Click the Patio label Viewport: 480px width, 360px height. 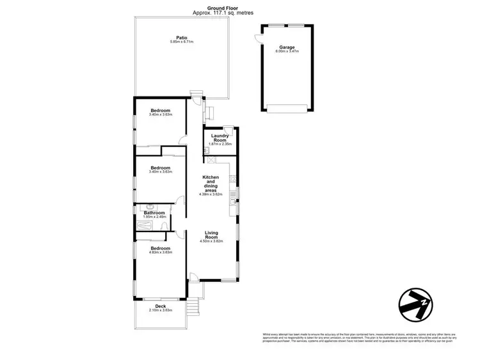tap(181, 37)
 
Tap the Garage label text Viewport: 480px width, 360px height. tap(286, 47)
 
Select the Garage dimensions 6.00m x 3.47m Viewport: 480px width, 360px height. tap(286, 52)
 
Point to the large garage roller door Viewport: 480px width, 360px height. tap(286, 106)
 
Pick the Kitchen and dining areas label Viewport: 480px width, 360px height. tap(211, 184)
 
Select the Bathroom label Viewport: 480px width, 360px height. tap(154, 213)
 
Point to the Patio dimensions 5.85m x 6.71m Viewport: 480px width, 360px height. tap(181, 42)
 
